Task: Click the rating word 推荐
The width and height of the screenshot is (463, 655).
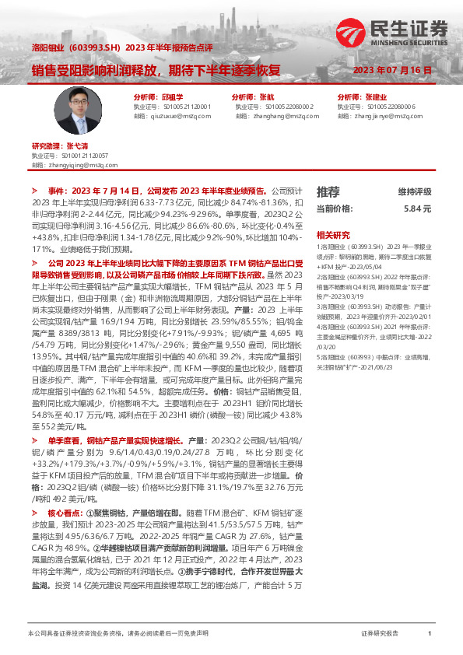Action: click(328, 191)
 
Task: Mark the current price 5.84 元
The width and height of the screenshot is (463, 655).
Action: click(417, 209)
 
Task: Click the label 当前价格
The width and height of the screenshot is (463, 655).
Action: click(335, 209)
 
